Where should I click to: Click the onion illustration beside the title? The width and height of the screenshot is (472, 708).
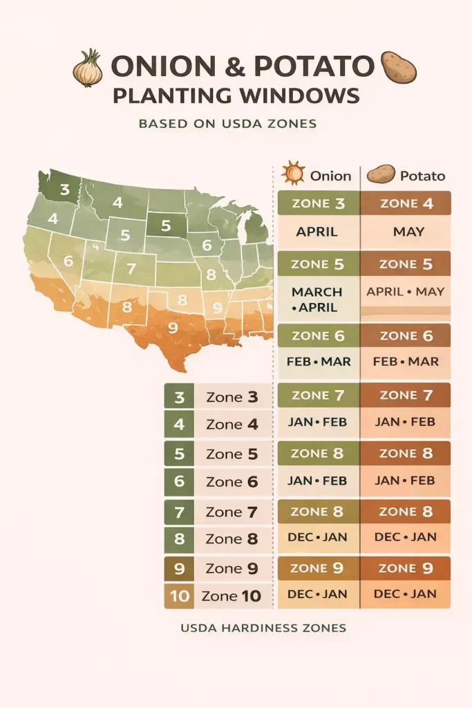point(88,68)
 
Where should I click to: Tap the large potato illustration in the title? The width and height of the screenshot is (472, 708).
point(399,67)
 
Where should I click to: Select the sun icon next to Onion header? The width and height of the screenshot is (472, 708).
point(293,173)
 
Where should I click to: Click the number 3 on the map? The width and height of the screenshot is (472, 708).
point(64,189)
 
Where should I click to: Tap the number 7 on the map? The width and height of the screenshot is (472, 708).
point(131,268)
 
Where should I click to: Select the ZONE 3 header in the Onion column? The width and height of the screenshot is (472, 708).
point(318,203)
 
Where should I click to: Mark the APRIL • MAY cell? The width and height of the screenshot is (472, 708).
point(406,292)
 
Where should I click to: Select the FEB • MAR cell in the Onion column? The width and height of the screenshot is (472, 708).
point(318,362)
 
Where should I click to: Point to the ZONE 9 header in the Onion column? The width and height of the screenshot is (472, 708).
point(318,568)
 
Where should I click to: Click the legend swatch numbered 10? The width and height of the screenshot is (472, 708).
point(180,596)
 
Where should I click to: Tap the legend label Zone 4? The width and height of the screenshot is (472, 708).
point(232,425)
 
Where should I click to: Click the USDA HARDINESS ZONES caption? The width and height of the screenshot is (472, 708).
point(263,628)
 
